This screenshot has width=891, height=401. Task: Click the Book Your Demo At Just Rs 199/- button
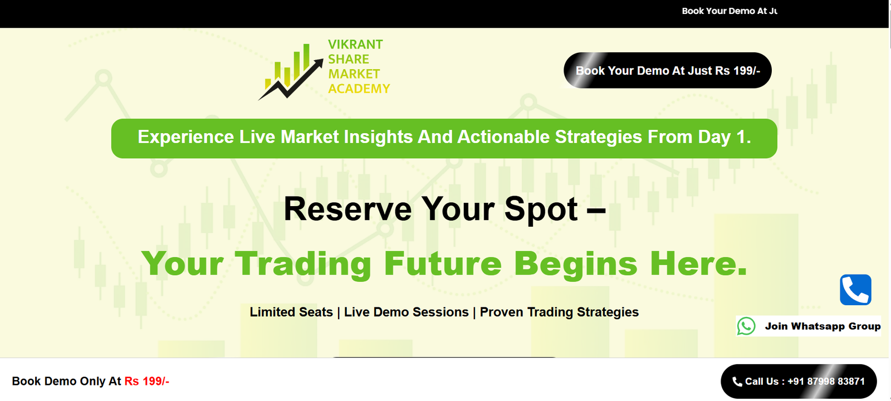pyautogui.click(x=668, y=70)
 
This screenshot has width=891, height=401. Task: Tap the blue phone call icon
pyautogui.click(x=855, y=290)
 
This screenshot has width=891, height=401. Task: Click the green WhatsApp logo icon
pyautogui.click(x=746, y=326)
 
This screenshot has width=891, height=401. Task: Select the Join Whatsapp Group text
pyautogui.click(x=823, y=326)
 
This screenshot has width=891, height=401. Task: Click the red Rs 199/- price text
pyautogui.click(x=147, y=381)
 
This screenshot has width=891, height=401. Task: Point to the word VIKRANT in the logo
pyautogui.click(x=355, y=44)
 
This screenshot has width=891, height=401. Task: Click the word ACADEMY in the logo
pyautogui.click(x=359, y=89)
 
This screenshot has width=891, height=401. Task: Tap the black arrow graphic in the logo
pyautogui.click(x=291, y=80)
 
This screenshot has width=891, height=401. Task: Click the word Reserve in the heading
pyautogui.click(x=347, y=209)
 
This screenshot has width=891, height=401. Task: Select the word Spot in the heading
pyautogui.click(x=541, y=209)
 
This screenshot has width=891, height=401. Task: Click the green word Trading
pyautogui.click(x=303, y=264)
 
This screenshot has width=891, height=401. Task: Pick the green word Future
pyautogui.click(x=442, y=264)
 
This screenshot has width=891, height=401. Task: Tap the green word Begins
pyautogui.click(x=576, y=264)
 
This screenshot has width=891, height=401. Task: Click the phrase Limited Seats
pyautogui.click(x=291, y=312)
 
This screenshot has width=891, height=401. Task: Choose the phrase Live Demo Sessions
pyautogui.click(x=406, y=312)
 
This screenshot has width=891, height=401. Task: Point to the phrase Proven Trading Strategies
pyautogui.click(x=559, y=312)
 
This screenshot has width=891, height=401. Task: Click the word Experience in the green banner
pyautogui.click(x=186, y=137)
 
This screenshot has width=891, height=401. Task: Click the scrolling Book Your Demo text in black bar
pyautogui.click(x=730, y=11)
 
